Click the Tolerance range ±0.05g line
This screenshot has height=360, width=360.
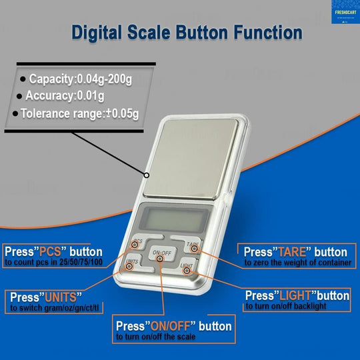click(x=79, y=113)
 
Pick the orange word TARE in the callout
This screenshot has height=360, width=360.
click(x=293, y=253)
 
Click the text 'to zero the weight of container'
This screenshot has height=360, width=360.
click(x=297, y=263)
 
